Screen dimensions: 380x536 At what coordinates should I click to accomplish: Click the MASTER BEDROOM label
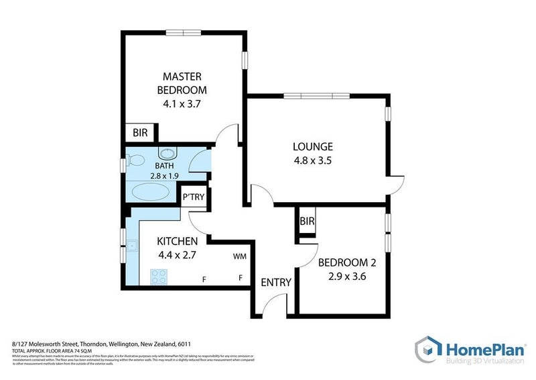182,83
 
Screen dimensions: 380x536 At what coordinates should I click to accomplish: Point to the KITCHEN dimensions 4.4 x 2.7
177,255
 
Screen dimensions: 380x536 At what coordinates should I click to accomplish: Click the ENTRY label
276,282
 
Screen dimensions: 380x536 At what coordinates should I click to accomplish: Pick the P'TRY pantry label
198,198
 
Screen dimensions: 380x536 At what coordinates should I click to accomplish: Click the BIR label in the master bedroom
140,133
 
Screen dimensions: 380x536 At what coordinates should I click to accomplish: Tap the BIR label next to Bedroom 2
308,221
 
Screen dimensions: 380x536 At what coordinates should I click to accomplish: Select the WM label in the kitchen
240,256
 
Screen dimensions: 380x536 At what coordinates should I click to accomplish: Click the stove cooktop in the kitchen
159,276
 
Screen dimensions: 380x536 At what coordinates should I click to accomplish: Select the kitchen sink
133,246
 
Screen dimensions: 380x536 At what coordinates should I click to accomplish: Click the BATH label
165,166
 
